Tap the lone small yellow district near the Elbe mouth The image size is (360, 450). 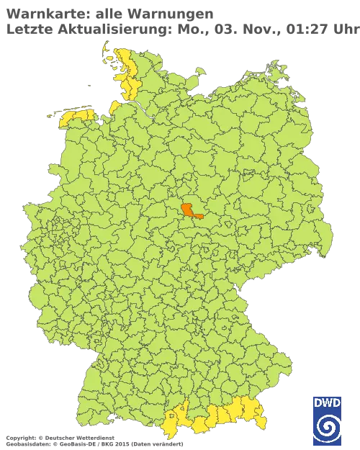tap(114, 107)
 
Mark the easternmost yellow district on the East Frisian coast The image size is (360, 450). tap(89, 113)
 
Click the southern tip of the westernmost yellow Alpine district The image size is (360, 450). tap(174, 435)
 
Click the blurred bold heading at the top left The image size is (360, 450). tap(108, 12)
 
